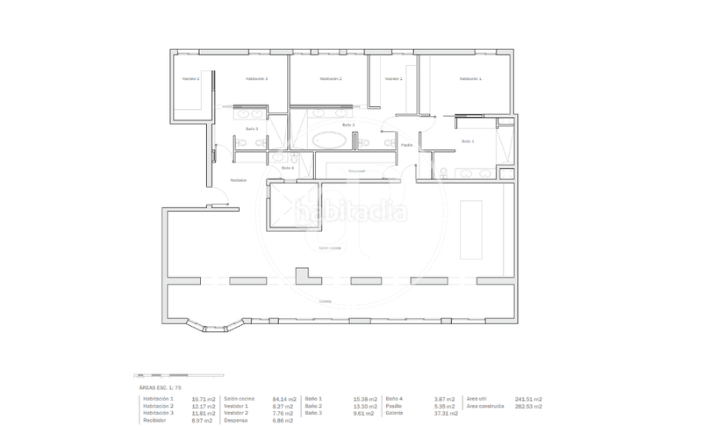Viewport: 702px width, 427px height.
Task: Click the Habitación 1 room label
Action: click(x=470, y=79)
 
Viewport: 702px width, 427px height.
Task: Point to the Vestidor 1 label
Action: click(x=393, y=79)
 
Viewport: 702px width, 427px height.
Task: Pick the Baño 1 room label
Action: click(x=468, y=141)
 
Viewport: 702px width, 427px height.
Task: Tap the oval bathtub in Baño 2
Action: click(x=330, y=139)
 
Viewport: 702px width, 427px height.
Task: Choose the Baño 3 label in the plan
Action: click(x=252, y=128)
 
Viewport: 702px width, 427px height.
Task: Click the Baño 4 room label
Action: click(x=288, y=167)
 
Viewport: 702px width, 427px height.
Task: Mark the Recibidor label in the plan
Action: click(x=238, y=180)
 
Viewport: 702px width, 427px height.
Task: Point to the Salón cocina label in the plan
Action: click(x=330, y=249)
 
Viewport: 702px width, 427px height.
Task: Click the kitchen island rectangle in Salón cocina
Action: click(x=469, y=229)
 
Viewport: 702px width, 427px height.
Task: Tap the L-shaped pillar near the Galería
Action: click(x=308, y=278)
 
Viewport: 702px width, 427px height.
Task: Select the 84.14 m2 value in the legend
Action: click(x=284, y=398)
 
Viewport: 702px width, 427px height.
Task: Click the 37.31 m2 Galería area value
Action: click(x=447, y=413)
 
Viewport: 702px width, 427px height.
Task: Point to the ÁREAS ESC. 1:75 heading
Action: click(x=160, y=387)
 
